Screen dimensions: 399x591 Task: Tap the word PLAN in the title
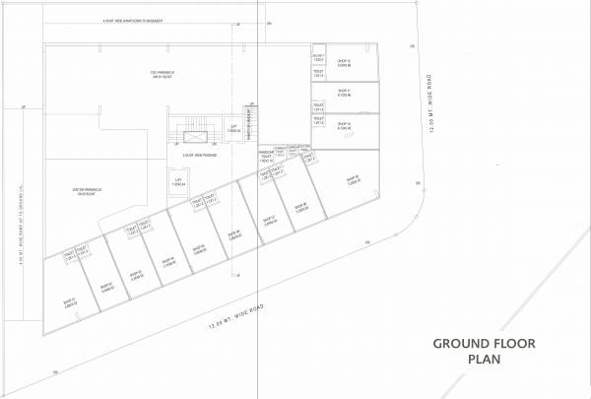click(485, 361)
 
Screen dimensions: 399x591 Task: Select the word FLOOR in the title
click(511, 345)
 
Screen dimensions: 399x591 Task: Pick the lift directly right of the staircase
click(233, 127)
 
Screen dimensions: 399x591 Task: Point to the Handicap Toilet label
click(267, 156)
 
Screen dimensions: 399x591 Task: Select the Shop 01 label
click(69, 301)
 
